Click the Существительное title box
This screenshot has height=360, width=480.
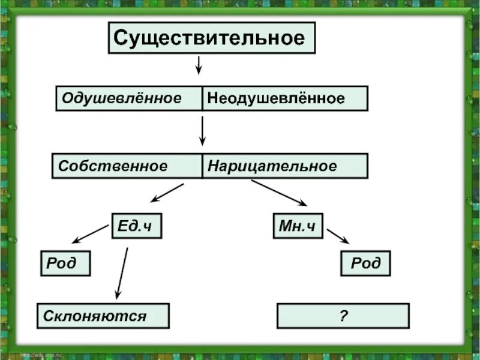coord(211,38)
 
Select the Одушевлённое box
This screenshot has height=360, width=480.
coord(129,98)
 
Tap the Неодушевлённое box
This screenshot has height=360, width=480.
coord(284,98)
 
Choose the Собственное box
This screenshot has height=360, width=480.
coord(127,166)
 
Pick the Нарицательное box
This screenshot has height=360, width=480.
coord(284,166)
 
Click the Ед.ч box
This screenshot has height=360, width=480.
coord(136,226)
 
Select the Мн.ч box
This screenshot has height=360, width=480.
coord(297,226)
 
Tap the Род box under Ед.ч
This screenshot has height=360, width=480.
coord(65,263)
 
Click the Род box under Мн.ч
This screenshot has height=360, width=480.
coord(365,263)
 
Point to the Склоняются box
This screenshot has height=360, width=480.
coord(103,316)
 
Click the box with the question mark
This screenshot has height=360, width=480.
coord(343,316)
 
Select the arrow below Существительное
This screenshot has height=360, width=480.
coord(199,65)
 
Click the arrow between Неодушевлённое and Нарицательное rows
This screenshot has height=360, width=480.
coord(203,131)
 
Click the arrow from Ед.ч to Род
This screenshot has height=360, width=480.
coord(90,234)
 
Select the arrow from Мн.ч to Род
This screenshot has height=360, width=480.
coord(338,235)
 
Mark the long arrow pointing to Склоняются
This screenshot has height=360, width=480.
coord(122,273)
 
